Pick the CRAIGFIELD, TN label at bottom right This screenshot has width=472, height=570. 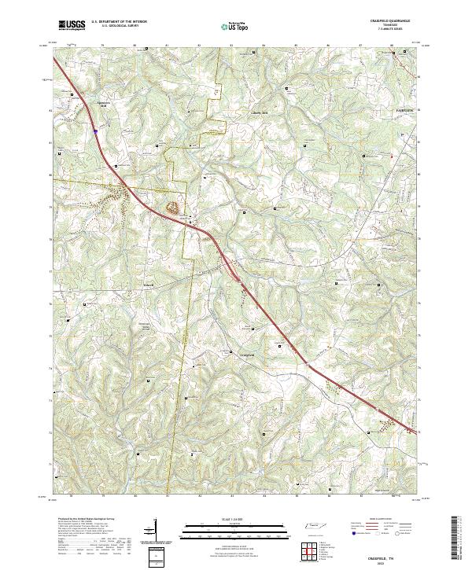tap(385, 553)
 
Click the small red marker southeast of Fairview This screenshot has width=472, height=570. tap(391, 156)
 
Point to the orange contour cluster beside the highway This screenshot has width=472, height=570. tap(171, 208)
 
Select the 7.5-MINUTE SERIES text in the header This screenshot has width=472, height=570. tap(387, 30)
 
